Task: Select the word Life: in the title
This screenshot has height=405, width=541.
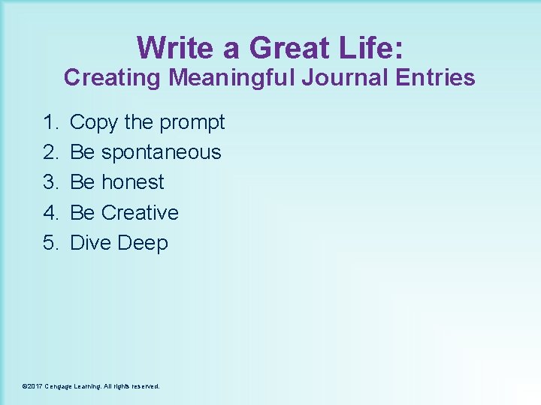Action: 372,48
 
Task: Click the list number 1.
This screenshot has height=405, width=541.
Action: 51,121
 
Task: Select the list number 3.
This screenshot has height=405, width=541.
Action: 51,182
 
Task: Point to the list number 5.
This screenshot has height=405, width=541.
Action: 51,243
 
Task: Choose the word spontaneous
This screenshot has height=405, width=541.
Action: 161,152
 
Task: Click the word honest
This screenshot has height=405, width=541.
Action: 132,182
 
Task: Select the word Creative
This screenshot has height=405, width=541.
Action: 140,212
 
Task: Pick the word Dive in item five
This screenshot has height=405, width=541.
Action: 91,243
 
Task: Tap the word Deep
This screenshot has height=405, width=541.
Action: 143,244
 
